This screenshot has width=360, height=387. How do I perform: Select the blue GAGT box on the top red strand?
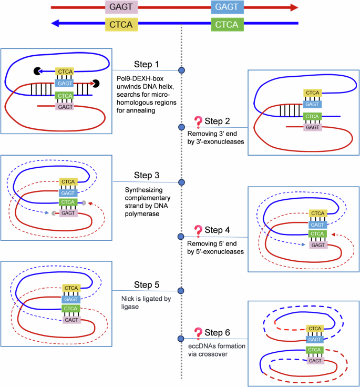coord(227,7)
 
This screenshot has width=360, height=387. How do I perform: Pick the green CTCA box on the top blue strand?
coord(227,24)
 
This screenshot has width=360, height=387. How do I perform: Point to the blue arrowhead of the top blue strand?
coord(55,24)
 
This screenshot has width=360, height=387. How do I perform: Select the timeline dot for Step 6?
coord(182,339)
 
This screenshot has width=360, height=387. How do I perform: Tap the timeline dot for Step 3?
coord(182,182)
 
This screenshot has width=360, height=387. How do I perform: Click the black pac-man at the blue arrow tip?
coord(37,70)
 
